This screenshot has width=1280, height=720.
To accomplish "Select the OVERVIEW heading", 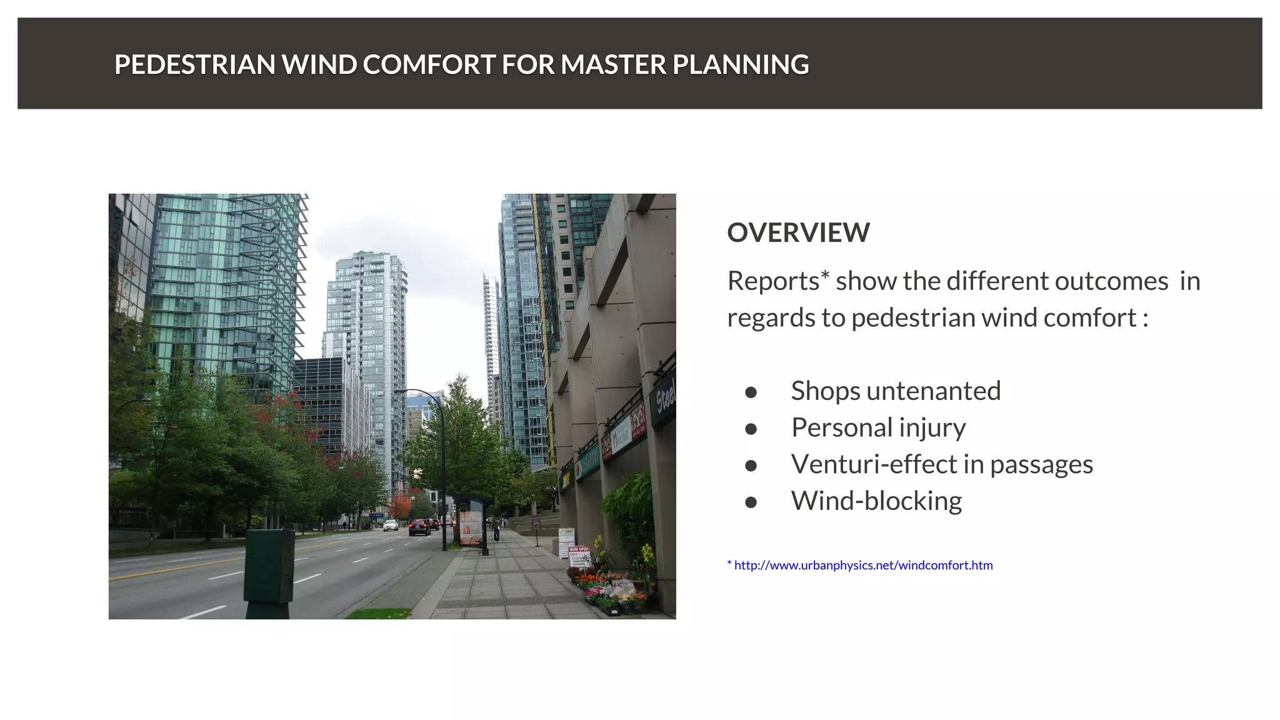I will (x=798, y=232).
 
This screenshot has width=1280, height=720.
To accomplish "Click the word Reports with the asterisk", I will (x=778, y=281).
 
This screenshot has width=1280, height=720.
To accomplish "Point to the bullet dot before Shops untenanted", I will (x=751, y=392).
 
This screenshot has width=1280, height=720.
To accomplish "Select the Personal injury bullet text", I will (x=878, y=428).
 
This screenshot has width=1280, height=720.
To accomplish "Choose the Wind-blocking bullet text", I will (x=876, y=501).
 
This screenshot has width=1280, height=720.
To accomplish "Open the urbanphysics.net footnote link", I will (x=863, y=566).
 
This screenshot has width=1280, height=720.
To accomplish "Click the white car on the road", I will (x=391, y=525).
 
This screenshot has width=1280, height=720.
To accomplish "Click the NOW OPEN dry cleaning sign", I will (x=579, y=555).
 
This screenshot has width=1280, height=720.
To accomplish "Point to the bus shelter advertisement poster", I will (x=471, y=527).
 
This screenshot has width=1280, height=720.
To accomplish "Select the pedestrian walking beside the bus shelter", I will (x=496, y=530).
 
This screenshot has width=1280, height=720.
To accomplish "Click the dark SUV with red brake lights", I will (x=419, y=528).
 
